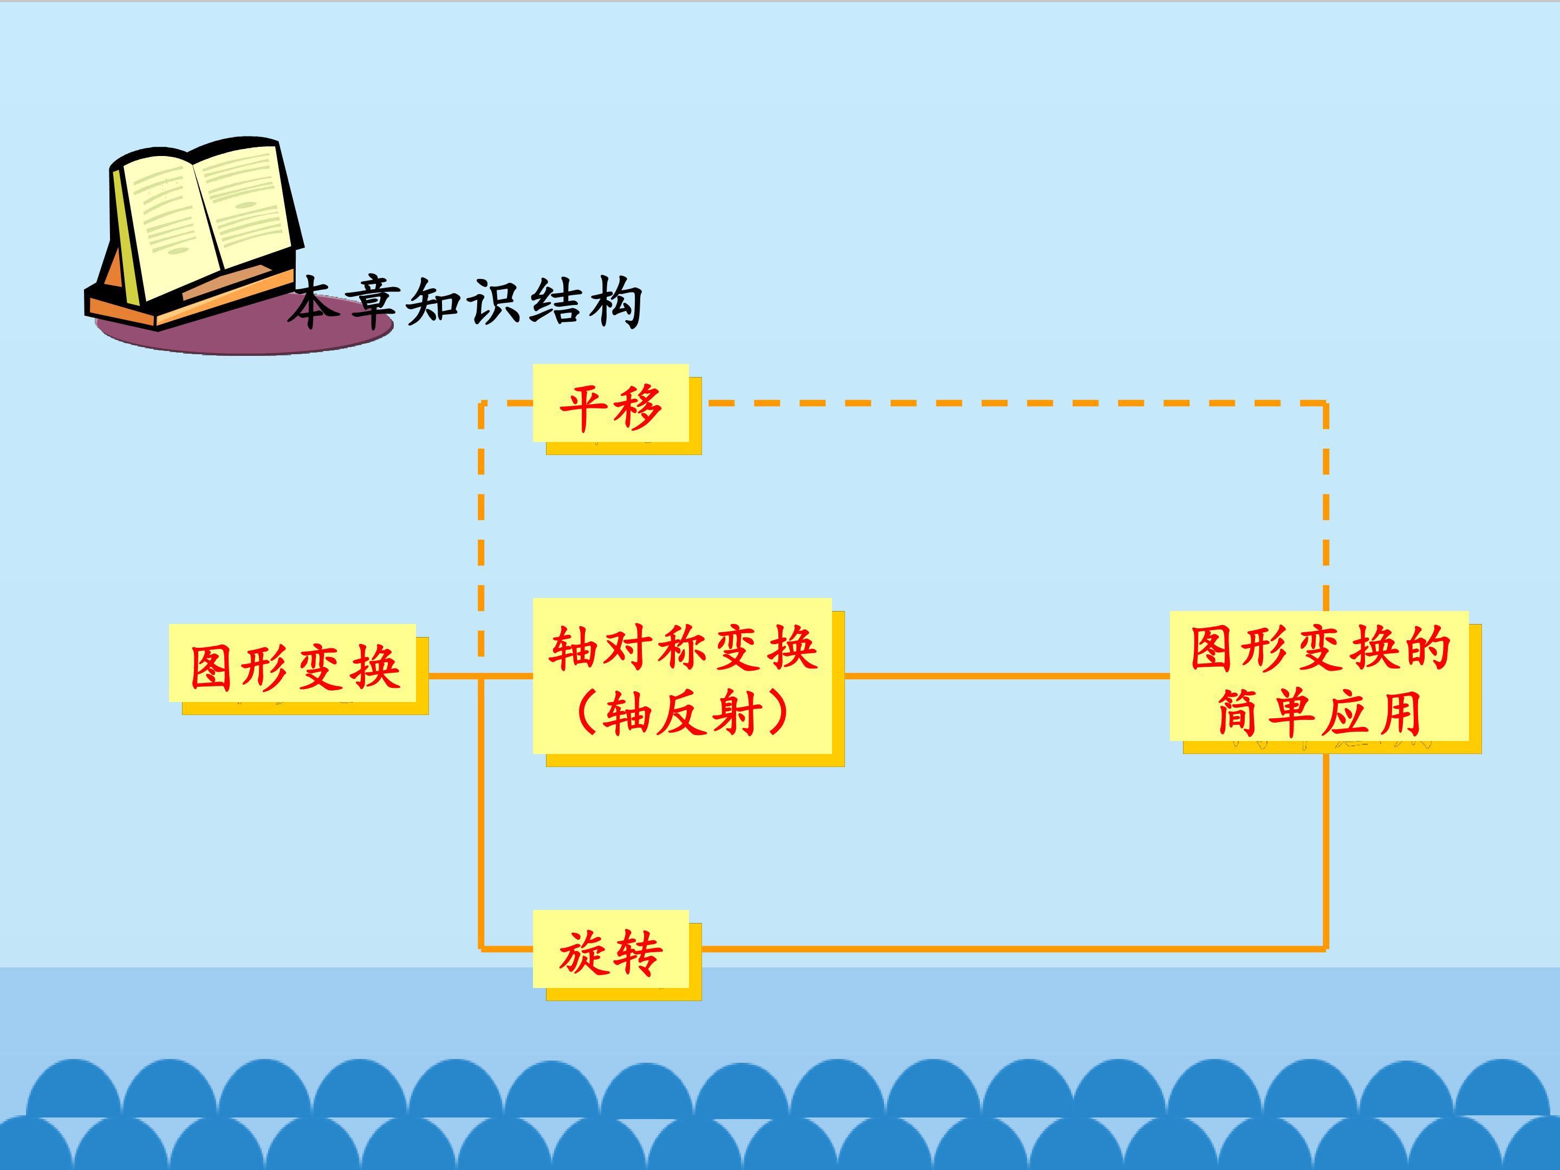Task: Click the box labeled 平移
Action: [x=611, y=404]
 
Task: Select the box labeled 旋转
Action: [x=611, y=949]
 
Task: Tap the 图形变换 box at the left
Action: [x=292, y=663]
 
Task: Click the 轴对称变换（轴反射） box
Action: [x=682, y=675]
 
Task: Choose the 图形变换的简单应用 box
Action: [x=1319, y=675]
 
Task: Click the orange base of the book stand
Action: [x=191, y=300]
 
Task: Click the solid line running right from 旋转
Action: [x=1013, y=949]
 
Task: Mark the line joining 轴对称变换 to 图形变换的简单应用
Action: [x=1007, y=675]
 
